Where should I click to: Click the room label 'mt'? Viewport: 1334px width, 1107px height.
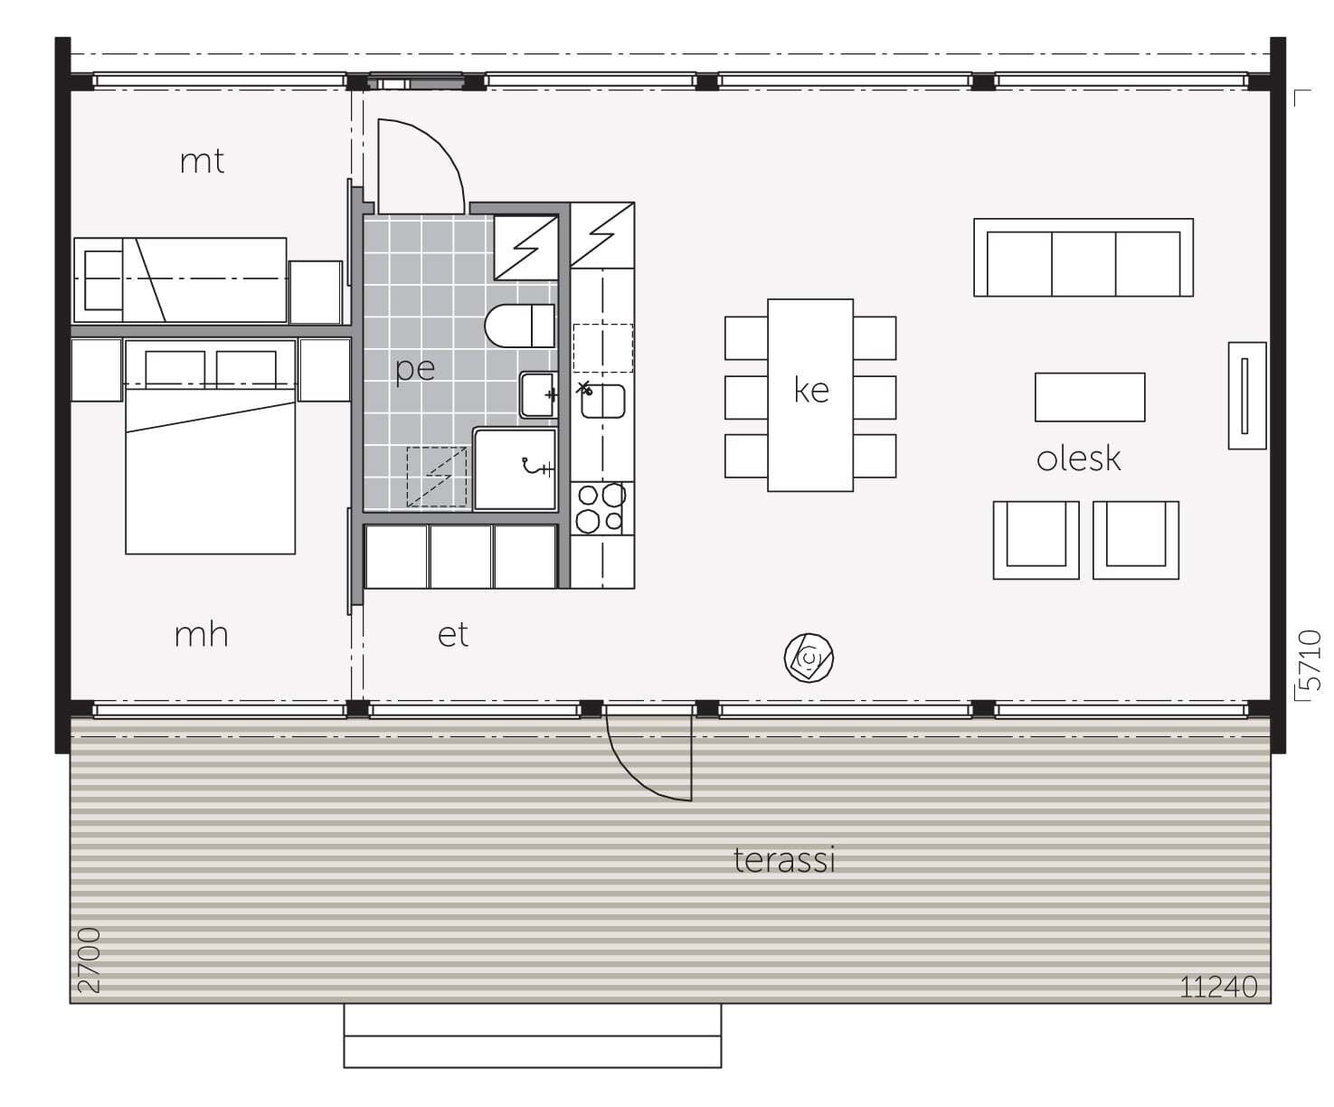(x=202, y=162)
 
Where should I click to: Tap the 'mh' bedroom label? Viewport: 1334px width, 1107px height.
(x=202, y=634)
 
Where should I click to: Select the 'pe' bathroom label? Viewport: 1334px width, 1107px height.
(x=415, y=369)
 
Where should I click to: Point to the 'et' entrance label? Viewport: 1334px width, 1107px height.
(x=453, y=635)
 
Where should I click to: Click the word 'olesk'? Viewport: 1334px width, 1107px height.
(x=1078, y=459)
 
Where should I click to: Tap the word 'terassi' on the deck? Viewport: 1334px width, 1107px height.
(x=784, y=860)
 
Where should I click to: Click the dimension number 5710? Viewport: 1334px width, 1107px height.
(x=1310, y=660)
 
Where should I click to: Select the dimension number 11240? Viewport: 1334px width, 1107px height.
(x=1218, y=987)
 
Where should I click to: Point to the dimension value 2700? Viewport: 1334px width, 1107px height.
(x=89, y=960)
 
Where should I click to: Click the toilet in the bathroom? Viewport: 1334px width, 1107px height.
(x=519, y=326)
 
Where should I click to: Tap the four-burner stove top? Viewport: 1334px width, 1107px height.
(x=601, y=508)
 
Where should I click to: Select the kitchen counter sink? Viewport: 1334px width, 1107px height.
(x=602, y=402)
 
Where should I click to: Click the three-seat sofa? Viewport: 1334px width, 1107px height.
(x=1083, y=258)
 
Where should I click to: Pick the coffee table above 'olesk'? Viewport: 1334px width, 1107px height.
(x=1090, y=397)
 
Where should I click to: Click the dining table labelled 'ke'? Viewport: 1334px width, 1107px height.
(x=810, y=394)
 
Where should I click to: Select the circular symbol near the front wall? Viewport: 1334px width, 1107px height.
(x=809, y=658)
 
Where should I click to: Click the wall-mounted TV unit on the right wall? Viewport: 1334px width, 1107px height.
(x=1247, y=395)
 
